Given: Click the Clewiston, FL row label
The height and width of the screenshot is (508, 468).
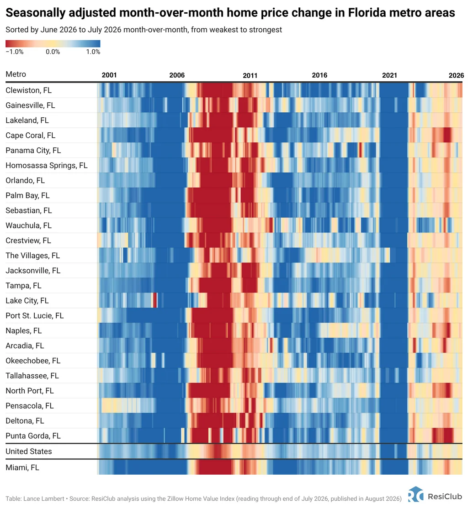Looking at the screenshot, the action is point(28,90).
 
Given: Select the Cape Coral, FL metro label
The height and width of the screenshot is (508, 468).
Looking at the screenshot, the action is point(31,136).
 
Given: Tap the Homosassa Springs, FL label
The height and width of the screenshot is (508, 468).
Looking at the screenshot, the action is point(46,166).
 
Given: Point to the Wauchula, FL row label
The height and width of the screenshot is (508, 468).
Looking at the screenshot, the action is point(28,225).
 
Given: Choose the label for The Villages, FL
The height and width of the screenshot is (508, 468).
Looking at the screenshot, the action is point(33,256).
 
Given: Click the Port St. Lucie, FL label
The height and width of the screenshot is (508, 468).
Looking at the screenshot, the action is point(34,315).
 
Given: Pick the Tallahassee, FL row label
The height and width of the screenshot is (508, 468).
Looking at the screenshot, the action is point(32,376).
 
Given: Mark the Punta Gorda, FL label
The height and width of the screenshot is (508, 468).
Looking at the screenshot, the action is point(33,436).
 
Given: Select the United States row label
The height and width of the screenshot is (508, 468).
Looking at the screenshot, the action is point(28,451).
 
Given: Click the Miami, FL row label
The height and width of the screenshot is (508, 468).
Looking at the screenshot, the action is point(22,467).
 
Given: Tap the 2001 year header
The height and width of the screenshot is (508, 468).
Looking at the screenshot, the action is point(109,75).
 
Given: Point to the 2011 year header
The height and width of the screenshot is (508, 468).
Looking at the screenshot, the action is point(250,75).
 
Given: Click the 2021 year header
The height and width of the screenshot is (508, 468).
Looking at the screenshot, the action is point(389,75).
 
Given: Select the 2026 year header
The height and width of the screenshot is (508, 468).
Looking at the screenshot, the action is point(456,75).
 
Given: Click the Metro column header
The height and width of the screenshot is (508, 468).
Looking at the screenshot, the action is point(16,74).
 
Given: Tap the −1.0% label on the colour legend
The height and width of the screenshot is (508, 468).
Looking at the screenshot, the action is point(15,52).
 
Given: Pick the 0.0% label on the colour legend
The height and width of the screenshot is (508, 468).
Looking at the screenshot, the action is point(53,52).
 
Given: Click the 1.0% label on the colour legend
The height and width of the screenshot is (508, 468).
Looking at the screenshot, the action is point(93,52).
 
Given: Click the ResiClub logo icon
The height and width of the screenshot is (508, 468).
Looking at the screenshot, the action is point(416,495).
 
